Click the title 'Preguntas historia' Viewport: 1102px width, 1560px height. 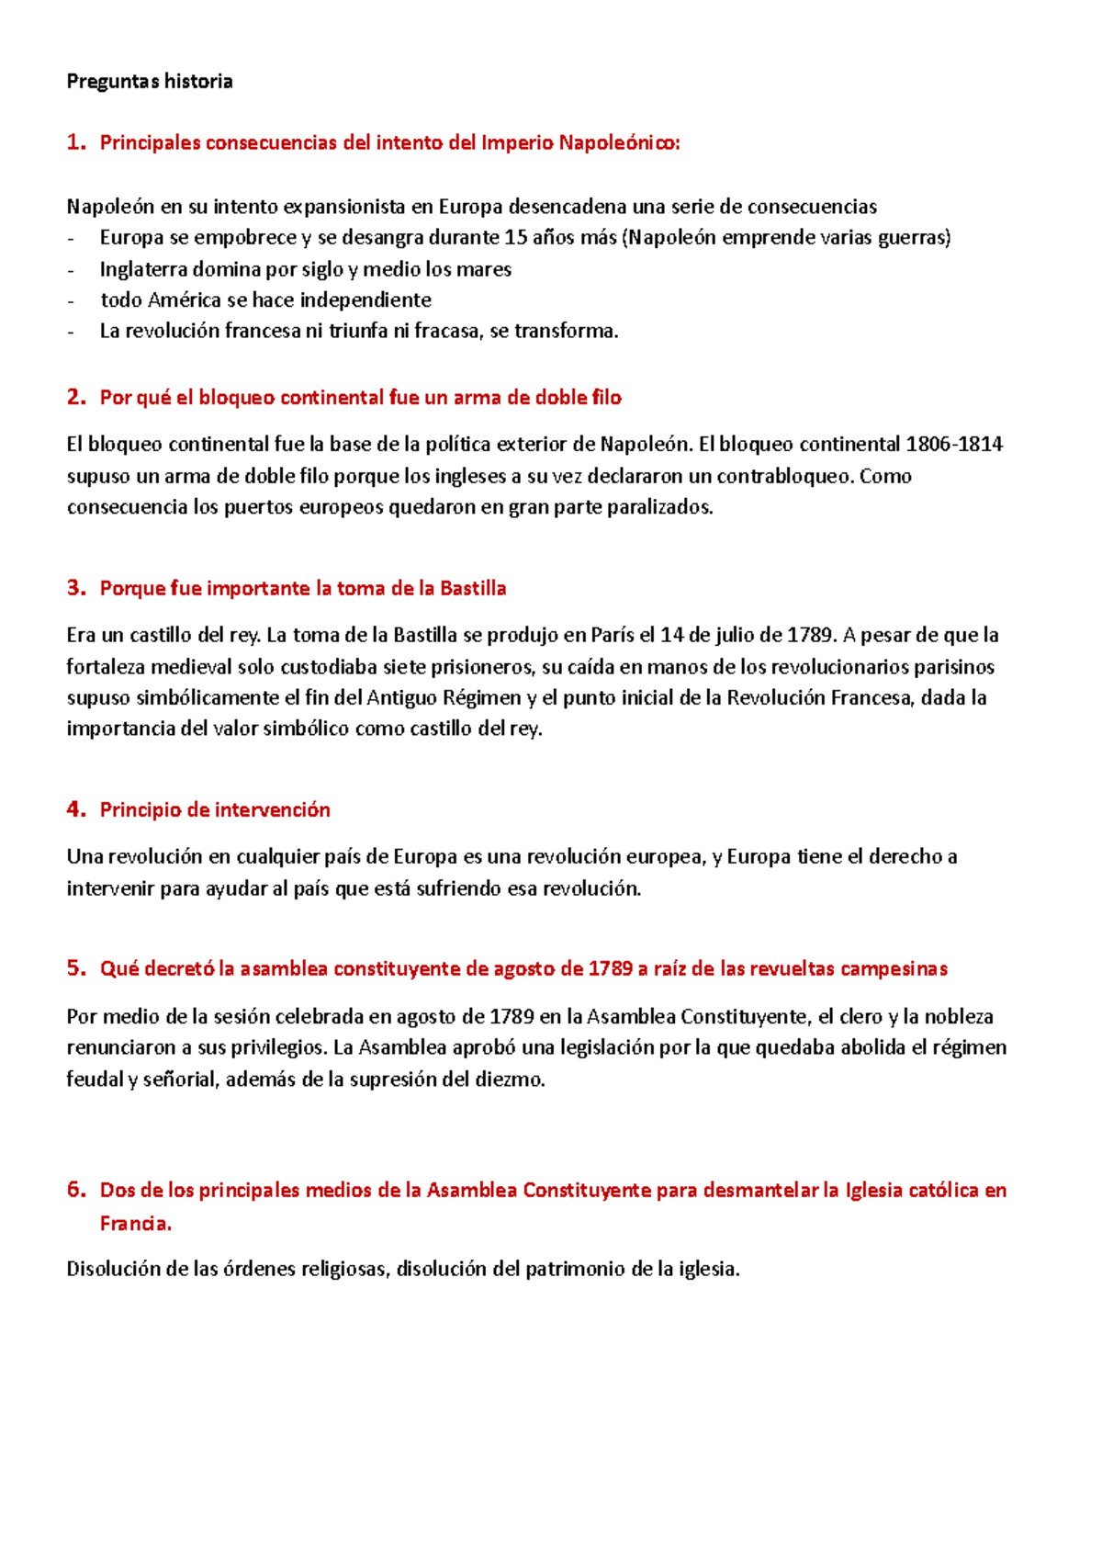point(150,82)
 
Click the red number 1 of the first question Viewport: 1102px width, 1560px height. point(74,142)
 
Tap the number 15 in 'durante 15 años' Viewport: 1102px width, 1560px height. point(515,238)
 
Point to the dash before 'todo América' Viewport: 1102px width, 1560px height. point(73,300)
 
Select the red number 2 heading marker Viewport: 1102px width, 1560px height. point(74,397)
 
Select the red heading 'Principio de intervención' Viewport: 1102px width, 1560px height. point(214,810)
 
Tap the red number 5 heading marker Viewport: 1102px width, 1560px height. point(74,968)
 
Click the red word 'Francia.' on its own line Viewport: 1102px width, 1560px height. point(135,1224)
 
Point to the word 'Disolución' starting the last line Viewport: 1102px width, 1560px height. point(114,1270)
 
